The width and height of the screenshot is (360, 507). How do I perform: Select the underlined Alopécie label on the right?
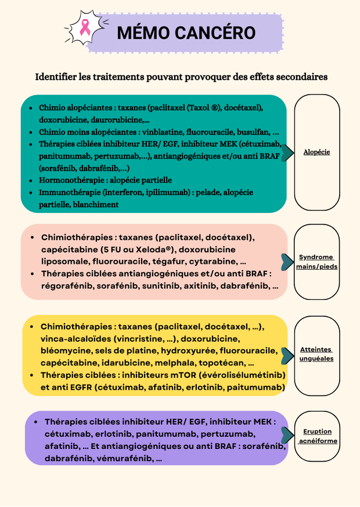[316, 152]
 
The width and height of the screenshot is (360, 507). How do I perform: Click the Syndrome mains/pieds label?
[316, 262]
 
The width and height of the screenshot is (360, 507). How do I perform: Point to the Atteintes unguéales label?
[316, 354]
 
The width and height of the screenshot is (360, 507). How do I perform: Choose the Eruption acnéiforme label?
[317, 436]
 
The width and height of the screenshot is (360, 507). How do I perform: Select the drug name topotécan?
[222, 363]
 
